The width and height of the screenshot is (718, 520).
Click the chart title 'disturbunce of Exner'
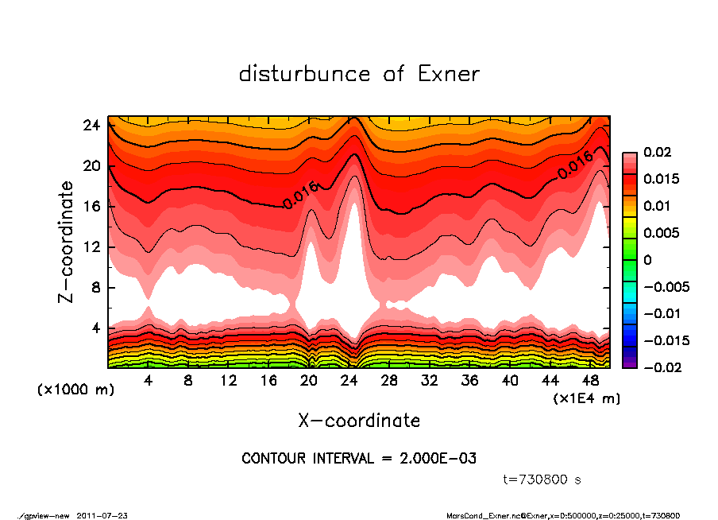[x=359, y=74]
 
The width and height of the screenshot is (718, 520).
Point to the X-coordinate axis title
[x=359, y=420]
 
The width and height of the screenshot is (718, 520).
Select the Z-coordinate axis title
[x=68, y=242]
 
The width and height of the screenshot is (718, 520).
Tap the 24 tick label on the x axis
[x=349, y=380]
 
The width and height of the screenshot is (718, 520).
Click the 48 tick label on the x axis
[x=591, y=380]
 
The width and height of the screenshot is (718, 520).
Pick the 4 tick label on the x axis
[x=149, y=380]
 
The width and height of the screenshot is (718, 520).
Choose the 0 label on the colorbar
[x=647, y=260]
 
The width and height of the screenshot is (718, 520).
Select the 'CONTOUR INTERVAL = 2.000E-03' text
[x=359, y=459]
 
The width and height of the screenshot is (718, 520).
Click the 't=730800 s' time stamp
[x=544, y=479]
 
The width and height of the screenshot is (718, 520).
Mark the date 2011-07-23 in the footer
[x=102, y=515]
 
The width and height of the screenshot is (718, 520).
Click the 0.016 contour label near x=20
[x=300, y=195]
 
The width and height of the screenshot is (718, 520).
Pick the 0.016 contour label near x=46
[x=575, y=165]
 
